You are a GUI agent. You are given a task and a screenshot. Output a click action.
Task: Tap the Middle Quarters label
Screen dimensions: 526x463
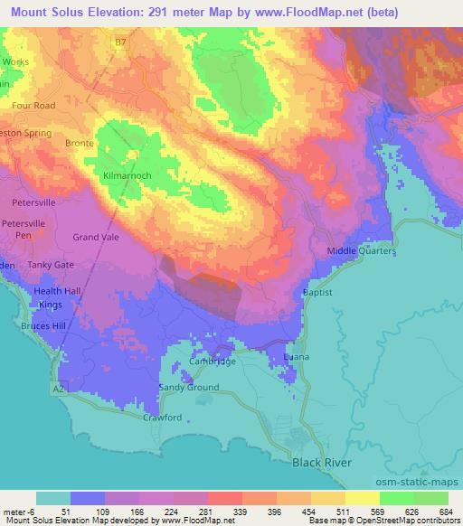[x=361, y=251]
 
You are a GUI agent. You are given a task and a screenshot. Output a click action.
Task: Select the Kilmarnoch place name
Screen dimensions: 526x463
[x=127, y=174]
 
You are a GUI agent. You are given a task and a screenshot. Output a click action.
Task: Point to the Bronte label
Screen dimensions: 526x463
[x=80, y=143]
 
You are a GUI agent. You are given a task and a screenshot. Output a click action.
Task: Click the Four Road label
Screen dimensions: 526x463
[x=33, y=105]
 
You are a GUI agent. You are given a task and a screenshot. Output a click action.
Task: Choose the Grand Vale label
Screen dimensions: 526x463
[x=96, y=237]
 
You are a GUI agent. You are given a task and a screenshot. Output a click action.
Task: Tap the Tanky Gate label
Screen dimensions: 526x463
[x=50, y=265]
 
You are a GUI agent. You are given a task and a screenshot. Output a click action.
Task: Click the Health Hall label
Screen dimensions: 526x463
[x=58, y=291]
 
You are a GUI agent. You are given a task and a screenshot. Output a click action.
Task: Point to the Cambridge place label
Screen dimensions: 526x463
[x=213, y=362]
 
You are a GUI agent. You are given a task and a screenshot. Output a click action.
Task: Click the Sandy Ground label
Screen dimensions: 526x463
[x=189, y=387]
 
